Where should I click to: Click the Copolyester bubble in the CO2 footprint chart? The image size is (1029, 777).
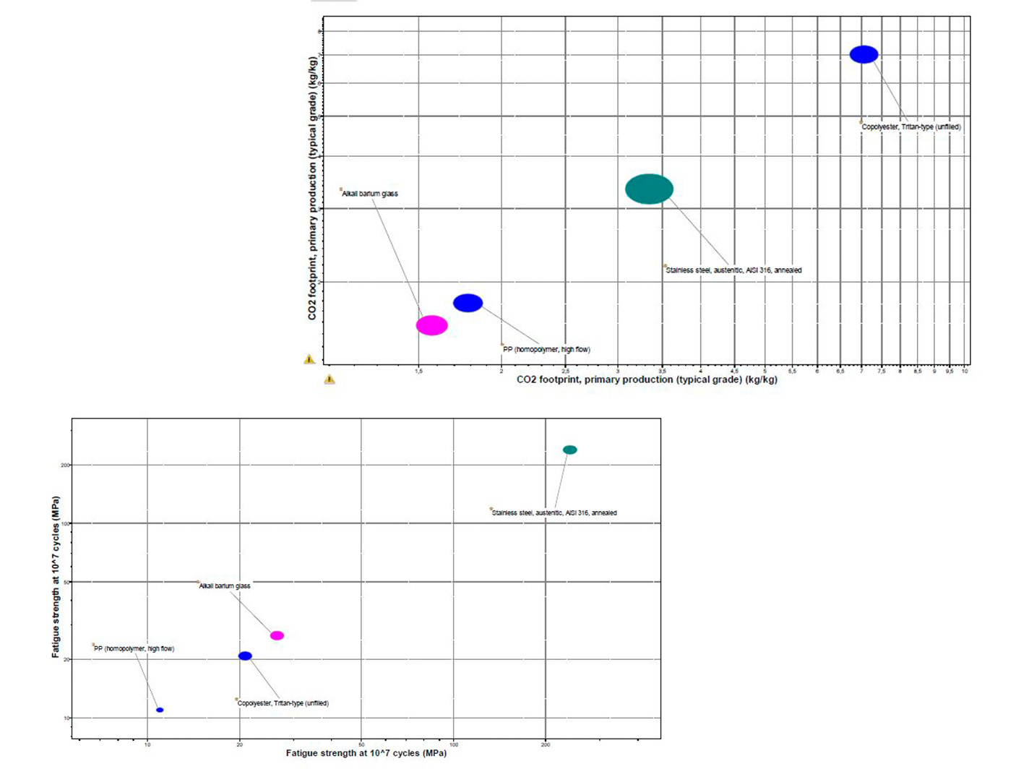864,54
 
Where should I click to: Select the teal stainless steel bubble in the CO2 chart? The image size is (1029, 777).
649,189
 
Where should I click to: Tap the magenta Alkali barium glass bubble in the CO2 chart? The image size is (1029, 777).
431,325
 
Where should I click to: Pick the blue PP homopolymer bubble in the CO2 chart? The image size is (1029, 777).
468,303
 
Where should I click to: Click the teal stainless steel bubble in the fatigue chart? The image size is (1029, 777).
569,450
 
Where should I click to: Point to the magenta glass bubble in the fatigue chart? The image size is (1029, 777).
277,635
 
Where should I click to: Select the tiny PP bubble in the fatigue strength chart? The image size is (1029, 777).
160,710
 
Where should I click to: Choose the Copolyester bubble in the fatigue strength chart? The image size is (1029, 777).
245,656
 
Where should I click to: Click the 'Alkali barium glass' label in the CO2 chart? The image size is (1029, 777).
370,194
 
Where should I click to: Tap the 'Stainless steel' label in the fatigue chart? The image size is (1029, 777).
554,512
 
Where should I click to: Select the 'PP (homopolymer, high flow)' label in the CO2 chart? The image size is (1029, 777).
546,349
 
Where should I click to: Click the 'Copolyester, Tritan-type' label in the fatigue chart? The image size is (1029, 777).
283,703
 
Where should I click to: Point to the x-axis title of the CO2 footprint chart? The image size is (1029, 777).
647,379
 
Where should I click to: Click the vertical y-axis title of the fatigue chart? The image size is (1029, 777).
56,576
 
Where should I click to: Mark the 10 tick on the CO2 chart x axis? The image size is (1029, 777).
965,371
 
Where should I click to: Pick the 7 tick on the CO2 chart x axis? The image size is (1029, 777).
861,371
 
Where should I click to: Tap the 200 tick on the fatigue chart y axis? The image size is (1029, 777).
65,465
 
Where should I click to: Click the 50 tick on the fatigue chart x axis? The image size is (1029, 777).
361,744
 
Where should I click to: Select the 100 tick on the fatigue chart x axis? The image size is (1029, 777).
454,744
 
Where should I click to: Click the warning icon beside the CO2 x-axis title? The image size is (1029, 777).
330,379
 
